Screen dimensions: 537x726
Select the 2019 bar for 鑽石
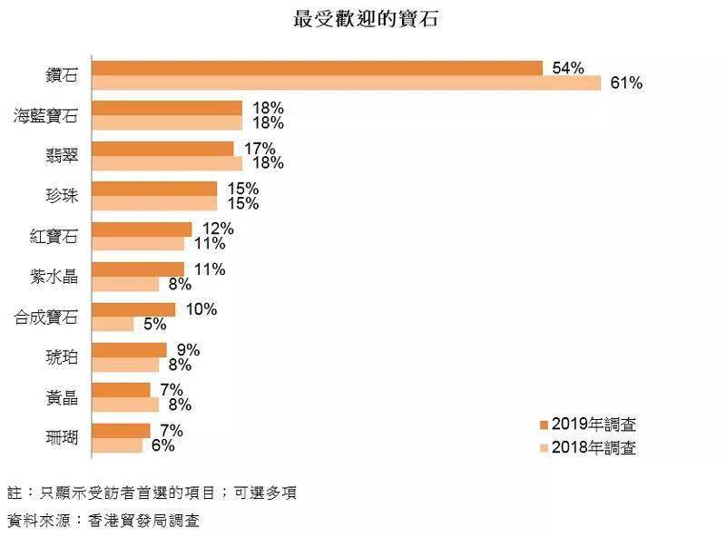[318, 68]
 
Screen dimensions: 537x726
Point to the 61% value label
[626, 83]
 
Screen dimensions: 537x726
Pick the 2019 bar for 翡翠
[163, 149]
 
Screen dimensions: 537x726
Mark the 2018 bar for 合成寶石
[113, 324]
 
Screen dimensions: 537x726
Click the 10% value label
[201, 309]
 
